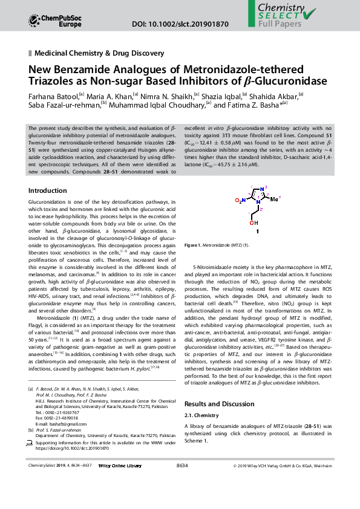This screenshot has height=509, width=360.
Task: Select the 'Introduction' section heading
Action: (48, 190)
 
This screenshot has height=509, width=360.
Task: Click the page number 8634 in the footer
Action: (182, 465)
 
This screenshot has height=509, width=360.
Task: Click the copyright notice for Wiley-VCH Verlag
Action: (283, 466)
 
